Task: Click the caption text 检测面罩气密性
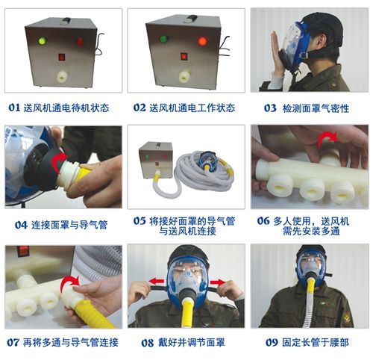317,108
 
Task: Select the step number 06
263,220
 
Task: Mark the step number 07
13,343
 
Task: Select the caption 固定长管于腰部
317,343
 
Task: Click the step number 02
140,108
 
